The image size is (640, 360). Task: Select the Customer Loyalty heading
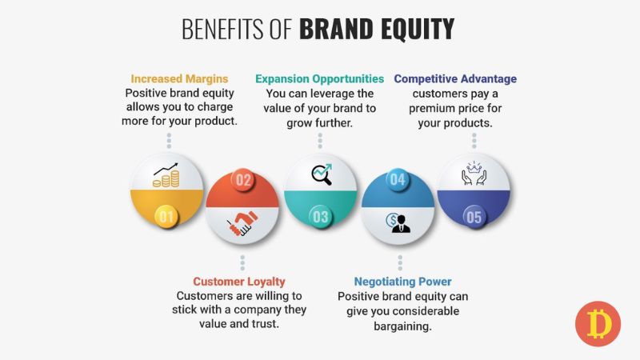pos(239,282)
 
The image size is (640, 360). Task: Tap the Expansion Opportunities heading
pos(319,79)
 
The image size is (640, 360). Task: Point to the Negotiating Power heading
pos(402,282)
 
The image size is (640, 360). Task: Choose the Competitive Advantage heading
pos(455,79)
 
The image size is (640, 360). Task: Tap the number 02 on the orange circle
pos(243,180)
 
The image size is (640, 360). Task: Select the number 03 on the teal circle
pos(321,216)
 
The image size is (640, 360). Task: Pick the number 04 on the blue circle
pos(398,180)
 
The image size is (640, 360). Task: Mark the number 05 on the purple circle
pos(474,216)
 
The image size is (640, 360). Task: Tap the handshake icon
pos(242,224)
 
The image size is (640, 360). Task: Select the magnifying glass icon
pos(321,174)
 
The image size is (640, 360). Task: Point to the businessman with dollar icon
pos(398,222)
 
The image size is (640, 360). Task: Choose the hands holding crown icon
pos(474,174)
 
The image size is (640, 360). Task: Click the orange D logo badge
pos(598,324)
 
